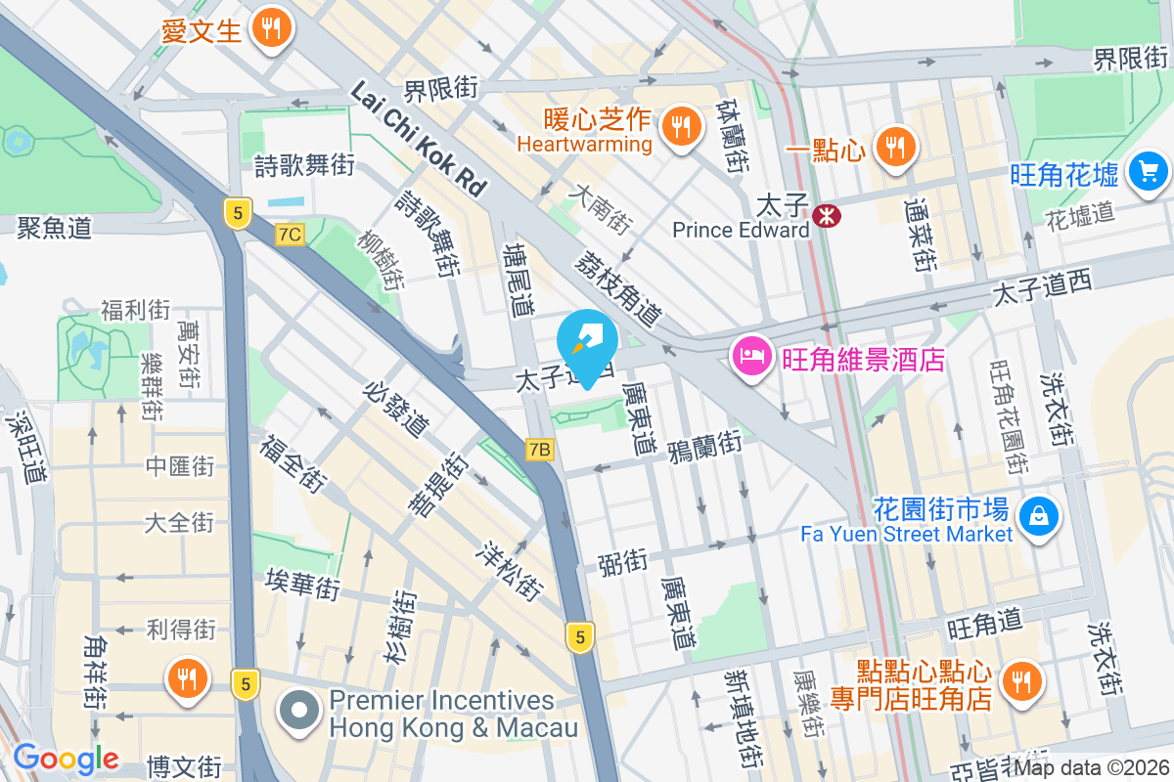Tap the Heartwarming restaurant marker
pos(677,126)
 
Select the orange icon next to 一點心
pos(893,147)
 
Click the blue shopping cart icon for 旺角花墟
pos(1148,173)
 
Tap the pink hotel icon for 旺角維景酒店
pos(750,357)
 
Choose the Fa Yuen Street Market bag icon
pos(1037,515)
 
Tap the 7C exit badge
pos(290,235)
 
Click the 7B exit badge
pos(539,450)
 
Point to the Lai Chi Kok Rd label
pos(418,140)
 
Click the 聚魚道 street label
pos(54,228)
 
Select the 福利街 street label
pos(135,311)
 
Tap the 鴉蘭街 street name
pos(704,445)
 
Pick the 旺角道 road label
pos(984,621)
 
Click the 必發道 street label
pos(396,409)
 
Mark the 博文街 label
pos(184,764)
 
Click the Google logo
pos(66,759)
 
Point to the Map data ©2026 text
pos(1091,767)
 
